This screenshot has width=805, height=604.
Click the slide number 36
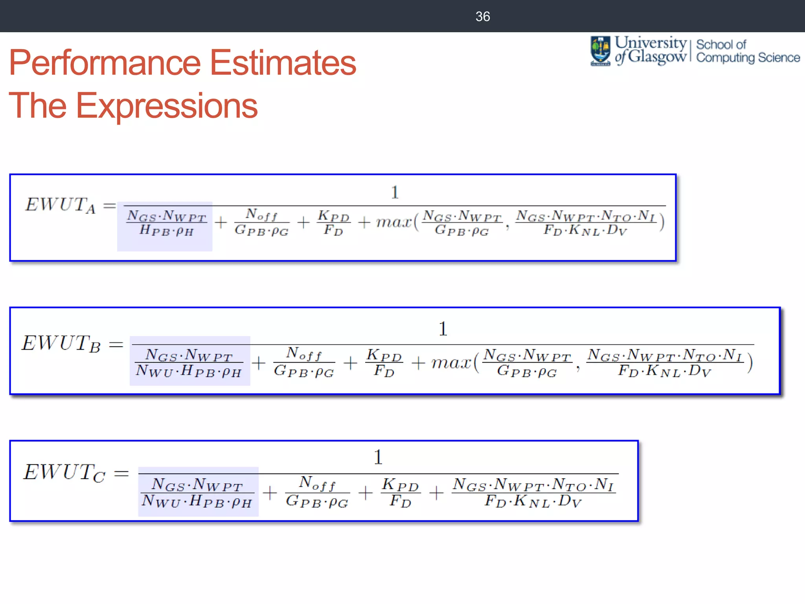pyautogui.click(x=482, y=17)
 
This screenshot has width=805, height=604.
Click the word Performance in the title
pyautogui.click(x=105, y=63)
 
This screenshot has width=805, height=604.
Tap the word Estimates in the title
pyautogui.click(x=283, y=63)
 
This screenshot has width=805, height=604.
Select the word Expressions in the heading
pyautogui.click(x=166, y=106)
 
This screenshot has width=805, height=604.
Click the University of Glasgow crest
pyautogui.click(x=600, y=51)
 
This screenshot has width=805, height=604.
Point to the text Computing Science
pyautogui.click(x=748, y=58)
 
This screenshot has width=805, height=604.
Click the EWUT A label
pyautogui.click(x=60, y=205)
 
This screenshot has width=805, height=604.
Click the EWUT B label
pyautogui.click(x=61, y=343)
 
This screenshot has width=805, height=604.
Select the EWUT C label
pyautogui.click(x=64, y=472)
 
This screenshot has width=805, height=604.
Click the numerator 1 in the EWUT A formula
pyautogui.click(x=395, y=192)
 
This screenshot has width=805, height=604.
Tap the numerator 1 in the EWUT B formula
pyautogui.click(x=443, y=329)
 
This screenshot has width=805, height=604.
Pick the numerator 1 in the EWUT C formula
pyautogui.click(x=378, y=457)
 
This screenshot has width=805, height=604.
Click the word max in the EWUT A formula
pyautogui.click(x=393, y=222)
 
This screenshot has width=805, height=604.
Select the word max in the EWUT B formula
pyautogui.click(x=451, y=363)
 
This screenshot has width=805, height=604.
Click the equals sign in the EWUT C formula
pyautogui.click(x=121, y=473)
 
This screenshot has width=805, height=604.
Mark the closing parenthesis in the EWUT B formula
pyautogui.click(x=750, y=363)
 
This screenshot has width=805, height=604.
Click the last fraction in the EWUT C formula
pyautogui.click(x=533, y=492)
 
